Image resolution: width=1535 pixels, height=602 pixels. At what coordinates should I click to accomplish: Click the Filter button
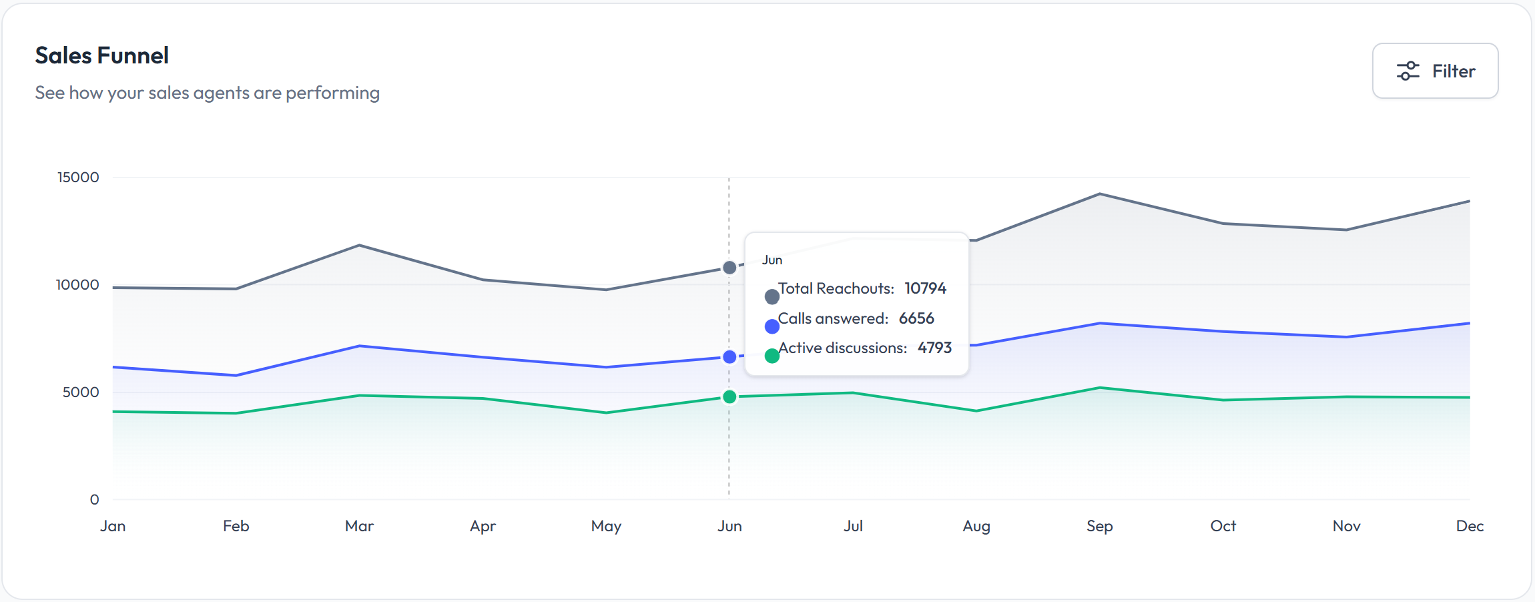pyautogui.click(x=1435, y=71)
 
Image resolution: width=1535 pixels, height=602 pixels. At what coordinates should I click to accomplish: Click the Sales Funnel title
pyautogui.click(x=101, y=55)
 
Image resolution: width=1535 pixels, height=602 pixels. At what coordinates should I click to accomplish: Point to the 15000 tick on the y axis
pyautogui.click(x=78, y=178)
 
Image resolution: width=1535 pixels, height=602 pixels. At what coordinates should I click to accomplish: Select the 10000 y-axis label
pyautogui.click(x=77, y=285)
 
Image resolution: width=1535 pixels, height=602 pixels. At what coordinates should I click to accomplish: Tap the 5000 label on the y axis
pyautogui.click(x=81, y=392)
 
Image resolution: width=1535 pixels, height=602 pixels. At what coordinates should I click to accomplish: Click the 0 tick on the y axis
pyautogui.click(x=95, y=500)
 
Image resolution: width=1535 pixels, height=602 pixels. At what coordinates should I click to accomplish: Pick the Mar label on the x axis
pyautogui.click(x=359, y=526)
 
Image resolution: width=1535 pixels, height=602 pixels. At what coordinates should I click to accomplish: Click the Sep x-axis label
pyautogui.click(x=1099, y=526)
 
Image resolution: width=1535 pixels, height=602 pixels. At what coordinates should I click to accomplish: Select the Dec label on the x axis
pyautogui.click(x=1470, y=526)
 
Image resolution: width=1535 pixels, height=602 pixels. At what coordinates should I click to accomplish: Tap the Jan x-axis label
pyautogui.click(x=113, y=526)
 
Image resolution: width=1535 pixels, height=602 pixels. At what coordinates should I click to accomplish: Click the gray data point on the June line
pyautogui.click(x=729, y=268)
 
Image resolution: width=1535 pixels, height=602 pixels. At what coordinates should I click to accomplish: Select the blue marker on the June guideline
pyautogui.click(x=729, y=357)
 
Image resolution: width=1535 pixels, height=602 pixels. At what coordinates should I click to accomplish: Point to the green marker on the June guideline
pyautogui.click(x=729, y=397)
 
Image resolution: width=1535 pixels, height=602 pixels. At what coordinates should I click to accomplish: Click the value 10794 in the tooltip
pyautogui.click(x=925, y=288)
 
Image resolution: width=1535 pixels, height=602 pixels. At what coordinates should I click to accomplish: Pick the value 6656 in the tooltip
pyautogui.click(x=916, y=318)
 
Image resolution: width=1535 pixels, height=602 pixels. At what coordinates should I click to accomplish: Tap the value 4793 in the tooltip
pyautogui.click(x=934, y=348)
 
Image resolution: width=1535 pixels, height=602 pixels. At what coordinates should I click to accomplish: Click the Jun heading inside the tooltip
pyautogui.click(x=772, y=260)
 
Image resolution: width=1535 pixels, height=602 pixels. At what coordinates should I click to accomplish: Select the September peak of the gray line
pyautogui.click(x=1099, y=194)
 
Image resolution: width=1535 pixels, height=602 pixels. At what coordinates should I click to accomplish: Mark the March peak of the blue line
pyautogui.click(x=359, y=346)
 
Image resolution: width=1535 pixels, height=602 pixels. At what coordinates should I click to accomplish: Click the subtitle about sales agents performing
pyautogui.click(x=207, y=93)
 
